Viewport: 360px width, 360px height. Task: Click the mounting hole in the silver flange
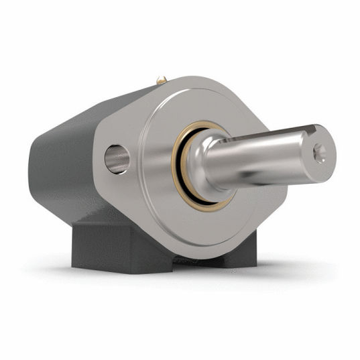117,159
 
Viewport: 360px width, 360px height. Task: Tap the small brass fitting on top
162,80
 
